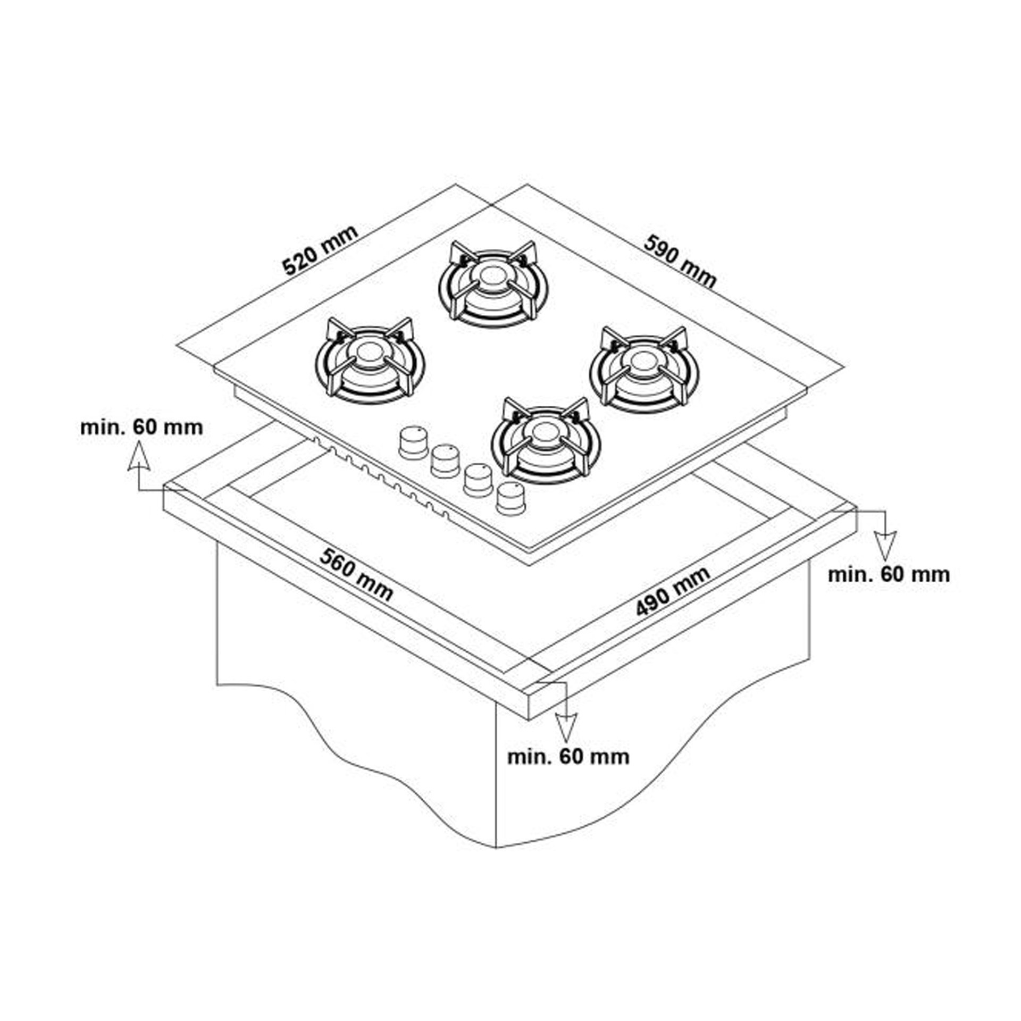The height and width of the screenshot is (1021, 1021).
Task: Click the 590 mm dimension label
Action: (x=680, y=262)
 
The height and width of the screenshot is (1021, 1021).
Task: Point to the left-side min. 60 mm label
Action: (x=141, y=428)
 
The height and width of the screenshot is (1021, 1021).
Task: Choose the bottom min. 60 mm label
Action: (x=568, y=757)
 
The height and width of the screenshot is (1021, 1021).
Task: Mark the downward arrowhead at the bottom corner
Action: (x=566, y=727)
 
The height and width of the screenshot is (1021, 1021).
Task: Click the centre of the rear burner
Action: (x=491, y=277)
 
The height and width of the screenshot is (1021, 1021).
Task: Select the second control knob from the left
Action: (x=446, y=461)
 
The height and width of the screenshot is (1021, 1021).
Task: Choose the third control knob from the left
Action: (x=478, y=480)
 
